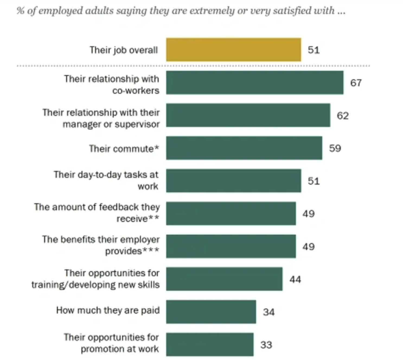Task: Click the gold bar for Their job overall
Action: [233, 50]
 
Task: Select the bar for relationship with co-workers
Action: [255, 83]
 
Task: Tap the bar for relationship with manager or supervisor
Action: [248, 115]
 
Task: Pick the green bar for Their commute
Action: [244, 148]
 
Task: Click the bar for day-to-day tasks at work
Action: [233, 181]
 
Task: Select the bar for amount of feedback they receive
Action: [231, 213]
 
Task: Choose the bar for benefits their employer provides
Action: [231, 246]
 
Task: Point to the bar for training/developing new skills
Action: [224, 279]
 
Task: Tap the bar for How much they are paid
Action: [211, 312]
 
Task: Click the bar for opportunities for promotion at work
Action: [210, 344]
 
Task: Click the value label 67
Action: [356, 83]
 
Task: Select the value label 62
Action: [343, 116]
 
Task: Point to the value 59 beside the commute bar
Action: [335, 148]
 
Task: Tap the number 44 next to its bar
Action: [295, 279]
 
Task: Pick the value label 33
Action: [266, 345]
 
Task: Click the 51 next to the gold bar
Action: [314, 50]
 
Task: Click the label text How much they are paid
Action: [108, 310]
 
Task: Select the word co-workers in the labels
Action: [136, 91]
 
